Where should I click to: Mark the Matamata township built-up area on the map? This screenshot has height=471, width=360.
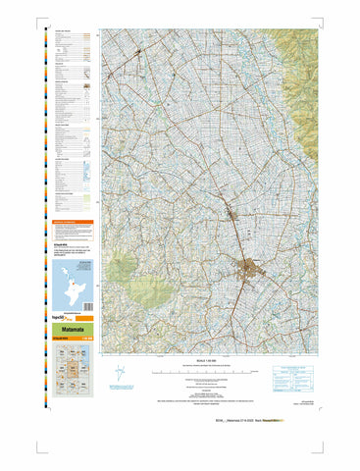click(263, 266)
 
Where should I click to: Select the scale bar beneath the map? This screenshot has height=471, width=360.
click(211, 373)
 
